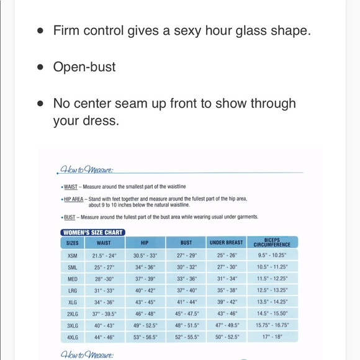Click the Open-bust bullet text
84,67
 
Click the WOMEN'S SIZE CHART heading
93,233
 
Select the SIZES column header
73,243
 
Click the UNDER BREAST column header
227,243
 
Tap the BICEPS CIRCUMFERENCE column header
272,243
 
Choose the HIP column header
145,243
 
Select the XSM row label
73,255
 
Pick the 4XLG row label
73,338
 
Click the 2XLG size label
73,314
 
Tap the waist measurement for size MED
104,279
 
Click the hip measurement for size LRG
145,290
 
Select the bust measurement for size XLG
186,302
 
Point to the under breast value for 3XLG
227,326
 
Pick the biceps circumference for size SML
272,267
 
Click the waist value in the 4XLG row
104,338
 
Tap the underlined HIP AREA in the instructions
74,199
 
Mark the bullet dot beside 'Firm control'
40,30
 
